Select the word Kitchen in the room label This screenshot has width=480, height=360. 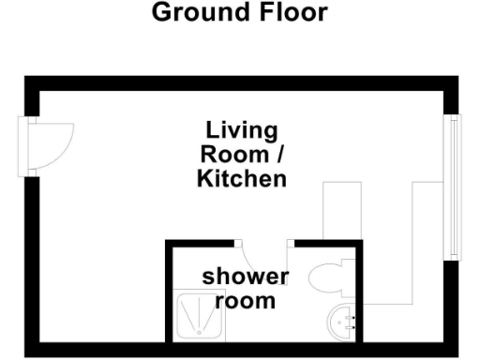(x=242, y=178)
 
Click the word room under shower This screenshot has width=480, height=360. (x=246, y=301)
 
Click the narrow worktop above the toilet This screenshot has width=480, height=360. (x=341, y=211)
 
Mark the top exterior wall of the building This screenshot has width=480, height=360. (x=240, y=82)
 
